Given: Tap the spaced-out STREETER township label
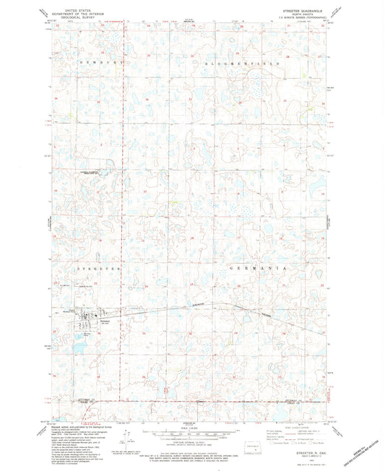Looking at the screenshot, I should (x=95, y=267).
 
